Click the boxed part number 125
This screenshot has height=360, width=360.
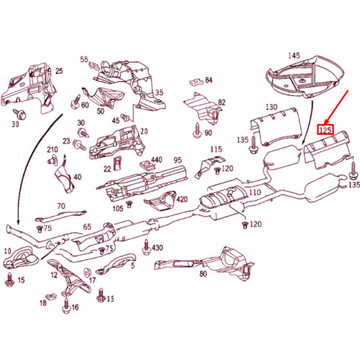(x=325, y=131)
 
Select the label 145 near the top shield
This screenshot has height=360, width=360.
(x=293, y=55)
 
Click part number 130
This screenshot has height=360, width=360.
(x=271, y=107)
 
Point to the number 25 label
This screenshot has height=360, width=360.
(x=59, y=71)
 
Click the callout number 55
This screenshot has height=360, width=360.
(x=84, y=59)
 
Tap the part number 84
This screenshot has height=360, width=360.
(x=209, y=79)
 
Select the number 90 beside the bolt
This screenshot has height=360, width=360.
(x=208, y=132)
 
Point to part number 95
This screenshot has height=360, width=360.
(x=177, y=160)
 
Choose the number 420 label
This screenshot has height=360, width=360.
(x=181, y=199)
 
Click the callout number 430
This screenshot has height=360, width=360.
(x=157, y=248)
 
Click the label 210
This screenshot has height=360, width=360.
(x=53, y=150)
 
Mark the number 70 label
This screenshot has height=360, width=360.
(x=60, y=206)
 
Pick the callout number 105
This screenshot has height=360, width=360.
(x=117, y=208)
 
